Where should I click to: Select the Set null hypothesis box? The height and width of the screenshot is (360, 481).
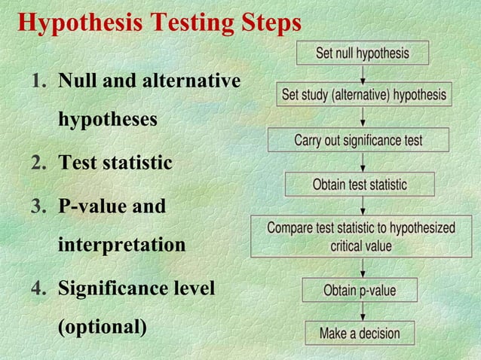pos(363,53)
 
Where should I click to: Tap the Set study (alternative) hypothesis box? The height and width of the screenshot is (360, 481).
pos(364,95)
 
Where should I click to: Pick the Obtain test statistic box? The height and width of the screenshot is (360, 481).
pos(360,185)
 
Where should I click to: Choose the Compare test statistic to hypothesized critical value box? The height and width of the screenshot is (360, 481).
pos(361,236)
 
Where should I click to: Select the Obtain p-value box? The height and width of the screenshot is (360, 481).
pos(360,290)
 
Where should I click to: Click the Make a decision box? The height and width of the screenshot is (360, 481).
pos(359,332)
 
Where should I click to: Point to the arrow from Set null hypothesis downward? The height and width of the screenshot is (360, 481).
pos(363,73)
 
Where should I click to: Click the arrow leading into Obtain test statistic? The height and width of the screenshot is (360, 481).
pos(363,162)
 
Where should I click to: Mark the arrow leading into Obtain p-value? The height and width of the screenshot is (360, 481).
pos(363,268)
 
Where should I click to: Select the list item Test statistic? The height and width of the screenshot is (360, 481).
pos(115,163)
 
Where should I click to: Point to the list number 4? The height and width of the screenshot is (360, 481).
pos(38,288)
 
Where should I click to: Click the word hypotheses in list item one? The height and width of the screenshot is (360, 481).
pos(108,121)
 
